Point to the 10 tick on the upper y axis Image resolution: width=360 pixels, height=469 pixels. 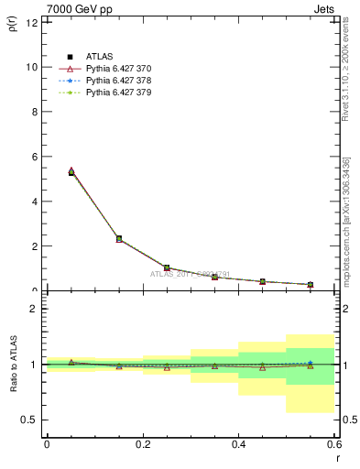(x=32, y=67)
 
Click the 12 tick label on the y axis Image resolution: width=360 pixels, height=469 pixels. (x=32, y=22)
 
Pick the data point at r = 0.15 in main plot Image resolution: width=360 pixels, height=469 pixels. (x=119, y=238)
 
